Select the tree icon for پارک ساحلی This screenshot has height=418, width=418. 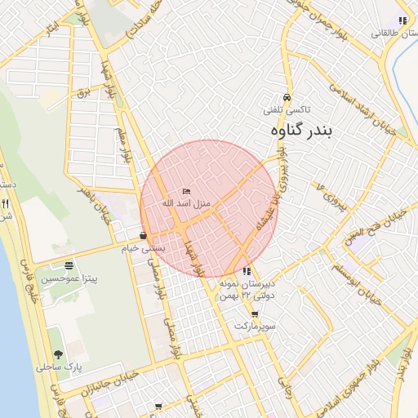[58, 354]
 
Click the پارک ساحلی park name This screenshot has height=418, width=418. [58, 367]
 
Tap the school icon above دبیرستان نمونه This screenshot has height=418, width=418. [247, 271]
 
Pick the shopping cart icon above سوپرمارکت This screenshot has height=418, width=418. [255, 313]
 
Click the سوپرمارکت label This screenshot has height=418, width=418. [256, 326]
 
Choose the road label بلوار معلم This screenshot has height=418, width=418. [123, 143]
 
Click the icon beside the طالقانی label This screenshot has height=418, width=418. [401, 20]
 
